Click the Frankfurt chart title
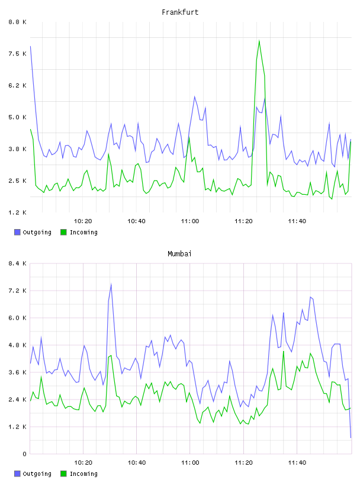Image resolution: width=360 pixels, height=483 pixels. [x=180, y=12]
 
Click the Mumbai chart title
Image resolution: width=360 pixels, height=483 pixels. [x=179, y=253]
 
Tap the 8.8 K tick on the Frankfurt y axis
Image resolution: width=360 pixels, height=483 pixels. [x=17, y=22]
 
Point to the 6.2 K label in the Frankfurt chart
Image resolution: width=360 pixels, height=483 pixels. [x=17, y=85]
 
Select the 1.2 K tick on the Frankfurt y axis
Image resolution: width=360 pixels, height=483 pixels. [x=17, y=212]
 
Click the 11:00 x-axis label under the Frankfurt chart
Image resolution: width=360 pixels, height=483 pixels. [x=190, y=221]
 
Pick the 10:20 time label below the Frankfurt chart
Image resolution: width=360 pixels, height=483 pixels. [x=83, y=221]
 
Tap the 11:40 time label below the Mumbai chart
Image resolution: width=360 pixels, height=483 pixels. [x=297, y=462]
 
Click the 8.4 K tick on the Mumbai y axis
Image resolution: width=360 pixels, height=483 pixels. [x=17, y=263]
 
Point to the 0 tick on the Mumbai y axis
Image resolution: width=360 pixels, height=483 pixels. [x=24, y=454]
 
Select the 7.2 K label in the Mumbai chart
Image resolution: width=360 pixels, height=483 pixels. [x=17, y=291]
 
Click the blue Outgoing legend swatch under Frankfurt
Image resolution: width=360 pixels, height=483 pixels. [x=17, y=232]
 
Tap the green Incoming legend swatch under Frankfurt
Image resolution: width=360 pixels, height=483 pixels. [x=63, y=232]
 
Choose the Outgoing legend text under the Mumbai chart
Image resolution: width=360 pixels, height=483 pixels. [x=37, y=474]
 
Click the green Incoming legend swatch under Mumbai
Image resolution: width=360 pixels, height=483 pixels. [x=63, y=474]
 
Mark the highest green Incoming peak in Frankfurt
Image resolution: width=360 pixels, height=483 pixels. [x=259, y=40]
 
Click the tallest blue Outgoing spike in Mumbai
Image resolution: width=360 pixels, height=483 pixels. [x=111, y=284]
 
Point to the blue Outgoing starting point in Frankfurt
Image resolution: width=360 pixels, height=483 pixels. [x=30, y=46]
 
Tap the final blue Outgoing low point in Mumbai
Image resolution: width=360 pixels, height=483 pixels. [x=351, y=437]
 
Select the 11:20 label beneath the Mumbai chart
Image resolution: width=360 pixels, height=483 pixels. [x=243, y=462]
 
